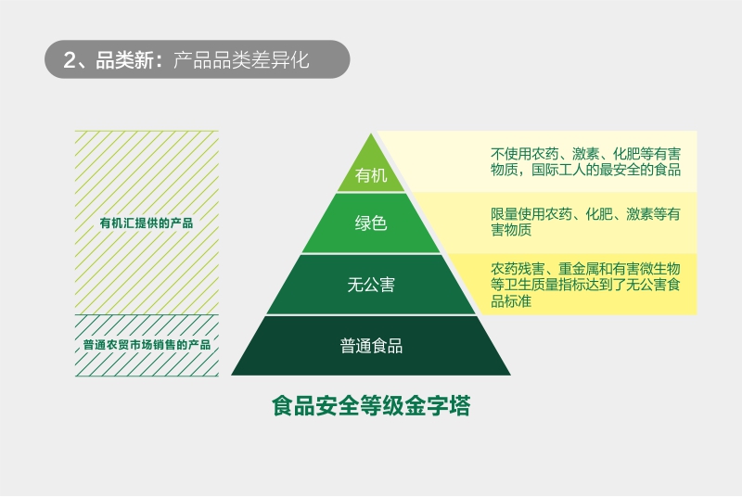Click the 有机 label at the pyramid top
pos(371,175)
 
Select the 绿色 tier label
pos(371,223)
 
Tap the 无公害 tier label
pos(371,285)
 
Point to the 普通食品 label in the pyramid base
pos(371,346)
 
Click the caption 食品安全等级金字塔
pos(371,406)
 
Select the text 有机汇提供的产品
pos(147,223)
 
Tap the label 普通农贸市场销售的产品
pos(147,345)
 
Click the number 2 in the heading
pos(69,60)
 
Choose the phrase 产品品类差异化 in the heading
pos(241,60)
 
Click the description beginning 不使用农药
pos(586,161)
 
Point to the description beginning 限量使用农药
pos(585,222)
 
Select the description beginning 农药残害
pos(585,285)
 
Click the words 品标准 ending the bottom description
pos(511,301)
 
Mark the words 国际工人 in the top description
pos(558,170)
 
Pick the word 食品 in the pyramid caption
pos(294,406)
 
